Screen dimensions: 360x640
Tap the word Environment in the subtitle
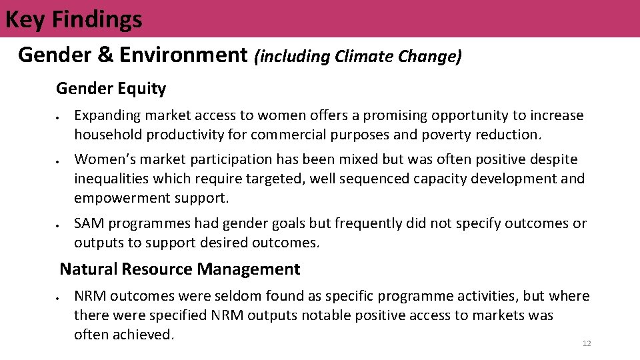(x=183, y=55)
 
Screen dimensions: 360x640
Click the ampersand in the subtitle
(x=106, y=55)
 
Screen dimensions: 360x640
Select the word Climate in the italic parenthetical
(x=364, y=57)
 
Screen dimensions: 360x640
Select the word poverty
(x=445, y=135)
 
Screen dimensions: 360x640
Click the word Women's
(x=103, y=159)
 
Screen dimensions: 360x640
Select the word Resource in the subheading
(x=158, y=269)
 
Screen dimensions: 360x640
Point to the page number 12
(x=587, y=343)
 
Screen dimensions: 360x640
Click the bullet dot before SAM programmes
(x=59, y=225)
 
